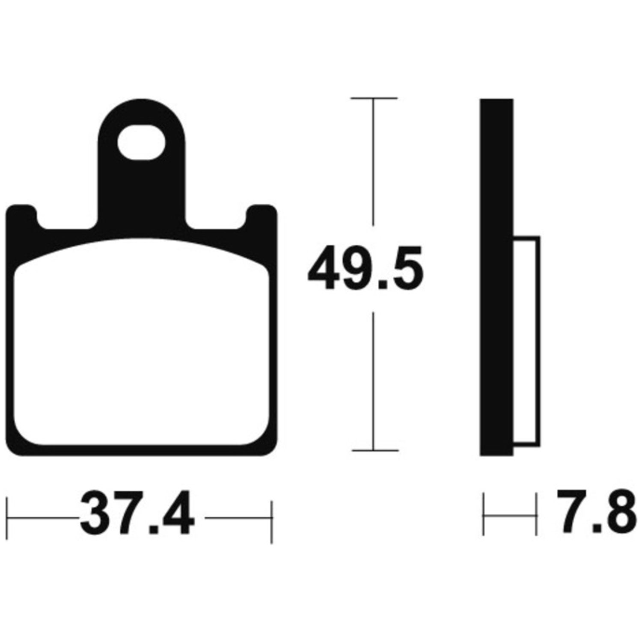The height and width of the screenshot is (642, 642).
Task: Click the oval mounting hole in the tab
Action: coord(142,142)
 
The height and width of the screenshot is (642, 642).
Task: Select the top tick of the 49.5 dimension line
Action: coord(374,98)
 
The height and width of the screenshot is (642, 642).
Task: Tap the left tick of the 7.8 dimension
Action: coord(484,514)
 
